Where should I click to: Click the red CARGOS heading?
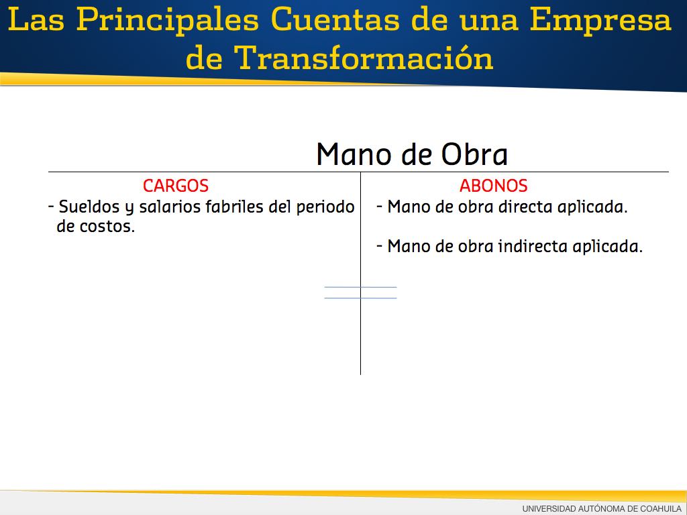176,186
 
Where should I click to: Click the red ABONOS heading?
493,186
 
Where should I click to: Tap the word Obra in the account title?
474,154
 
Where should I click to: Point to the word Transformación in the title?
364,58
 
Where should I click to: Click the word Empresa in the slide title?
600,21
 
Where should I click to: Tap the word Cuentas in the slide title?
335,19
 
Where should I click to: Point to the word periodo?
325,207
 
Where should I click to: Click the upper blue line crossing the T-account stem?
360,287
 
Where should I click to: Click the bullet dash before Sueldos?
51,207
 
